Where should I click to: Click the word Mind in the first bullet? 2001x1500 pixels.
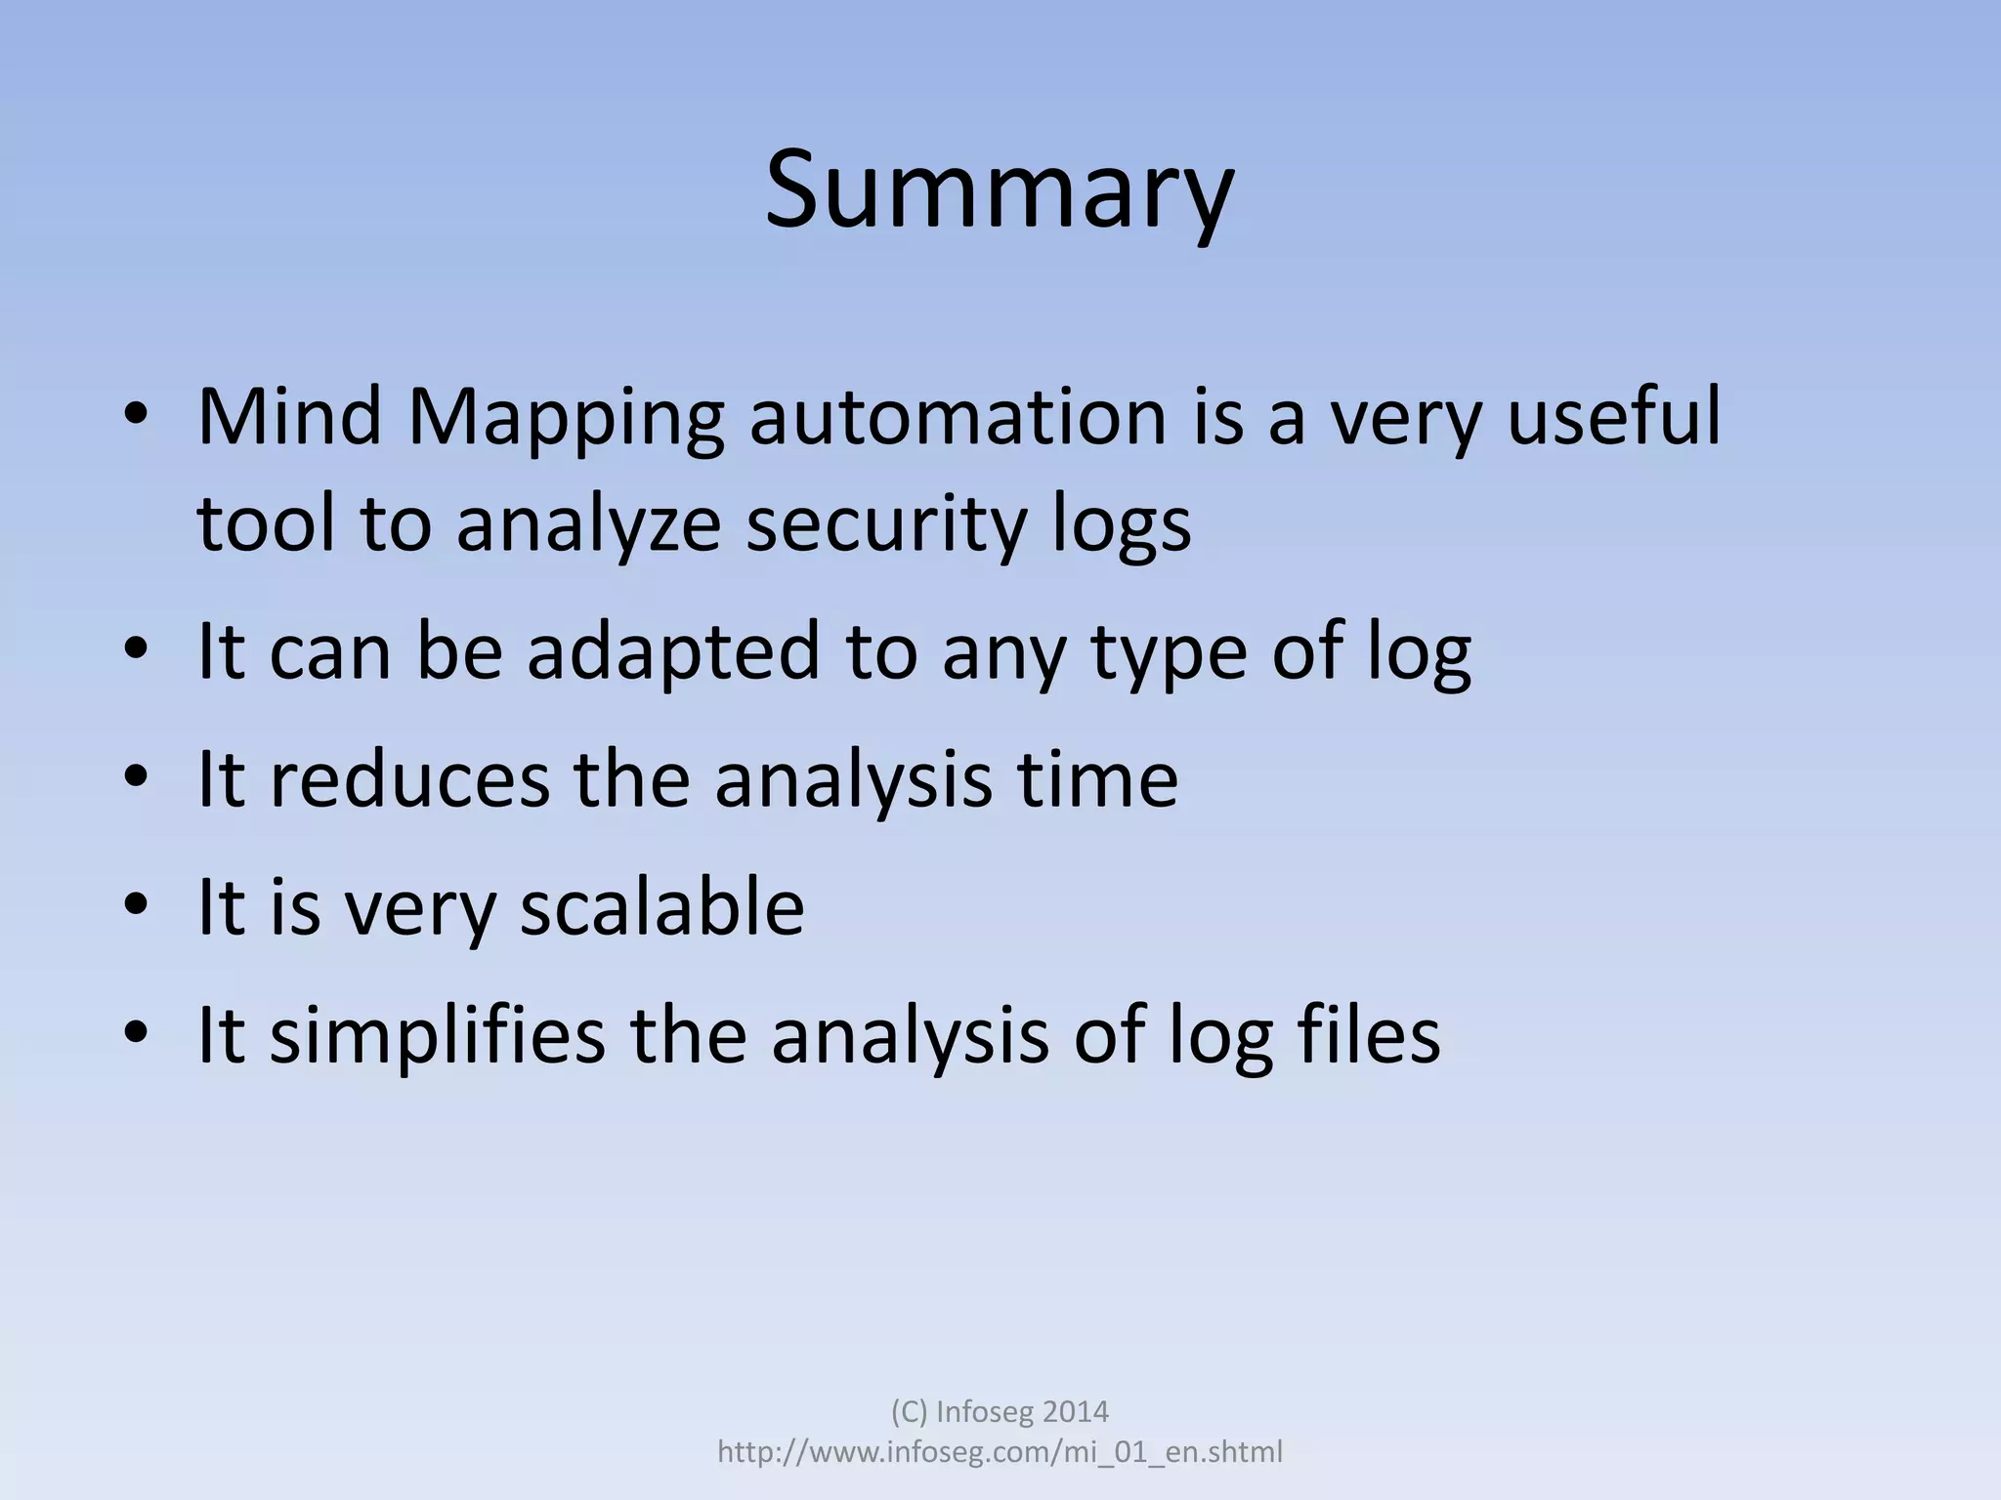click(289, 417)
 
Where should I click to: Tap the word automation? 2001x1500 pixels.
click(958, 417)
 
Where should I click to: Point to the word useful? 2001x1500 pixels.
click(1613, 417)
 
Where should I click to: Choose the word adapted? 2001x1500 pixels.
click(673, 654)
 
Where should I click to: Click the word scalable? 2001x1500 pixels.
click(661, 906)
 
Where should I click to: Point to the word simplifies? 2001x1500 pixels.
click(437, 1037)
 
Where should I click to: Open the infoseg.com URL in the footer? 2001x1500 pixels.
click(1000, 1452)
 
